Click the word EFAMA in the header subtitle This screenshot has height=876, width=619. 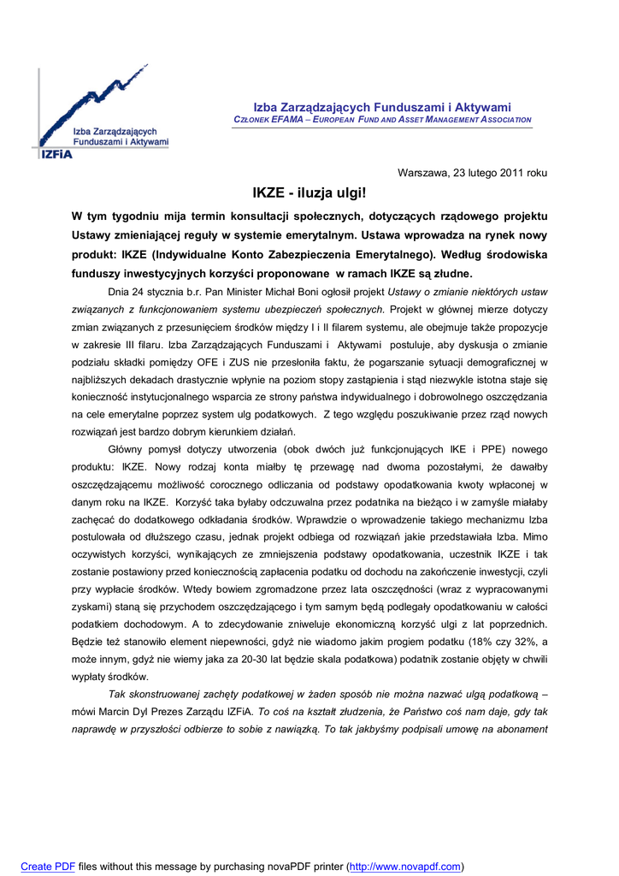click(x=287, y=120)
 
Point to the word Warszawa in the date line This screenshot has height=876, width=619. click(x=422, y=173)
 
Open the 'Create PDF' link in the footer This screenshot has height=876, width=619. click(x=48, y=867)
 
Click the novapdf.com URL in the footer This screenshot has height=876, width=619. click(x=405, y=867)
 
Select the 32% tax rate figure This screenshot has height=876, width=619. click(x=515, y=642)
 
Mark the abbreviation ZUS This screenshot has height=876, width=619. click(x=265, y=363)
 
